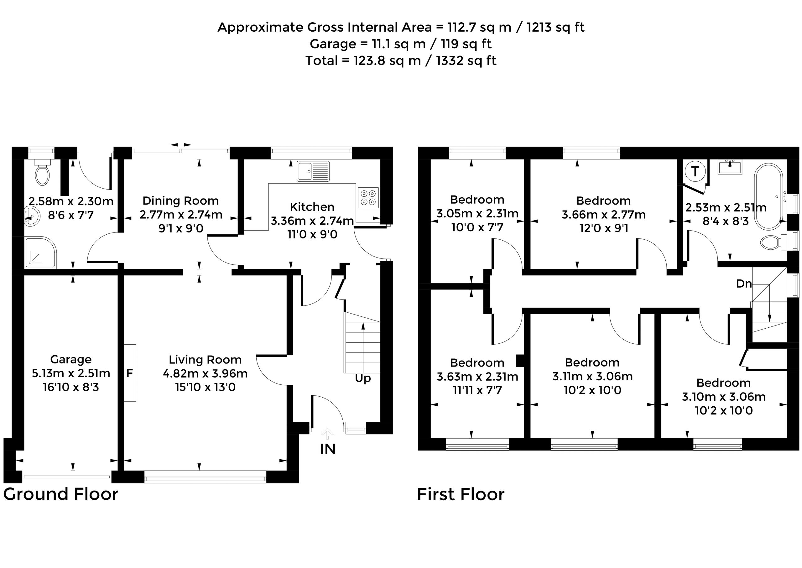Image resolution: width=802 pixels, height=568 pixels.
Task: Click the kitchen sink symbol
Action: pos(313,171)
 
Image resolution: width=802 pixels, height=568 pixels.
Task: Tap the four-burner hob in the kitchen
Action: pos(368,198)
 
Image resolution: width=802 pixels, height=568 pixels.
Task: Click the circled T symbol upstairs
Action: pos(695,172)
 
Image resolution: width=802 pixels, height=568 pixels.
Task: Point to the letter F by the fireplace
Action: pos(129,373)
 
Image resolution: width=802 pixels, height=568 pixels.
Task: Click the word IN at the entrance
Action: pos(327,449)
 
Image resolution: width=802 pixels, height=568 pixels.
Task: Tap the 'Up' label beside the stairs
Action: pos(363,379)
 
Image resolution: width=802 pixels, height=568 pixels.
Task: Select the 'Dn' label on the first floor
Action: pos(744,284)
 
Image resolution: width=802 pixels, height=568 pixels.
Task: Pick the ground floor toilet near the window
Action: pos(42,172)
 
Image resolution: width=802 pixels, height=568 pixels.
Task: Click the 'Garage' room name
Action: pos(71,360)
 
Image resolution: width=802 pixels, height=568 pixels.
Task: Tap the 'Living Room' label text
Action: pos(205,360)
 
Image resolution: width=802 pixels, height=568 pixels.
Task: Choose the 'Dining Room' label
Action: pos(181,201)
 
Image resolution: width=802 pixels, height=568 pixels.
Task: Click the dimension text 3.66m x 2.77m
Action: pos(604,214)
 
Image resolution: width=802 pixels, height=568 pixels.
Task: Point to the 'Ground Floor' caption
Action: pos(61,494)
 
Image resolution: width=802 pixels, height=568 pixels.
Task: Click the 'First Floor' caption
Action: pos(461,495)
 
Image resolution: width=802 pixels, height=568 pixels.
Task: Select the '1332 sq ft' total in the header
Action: pos(466,60)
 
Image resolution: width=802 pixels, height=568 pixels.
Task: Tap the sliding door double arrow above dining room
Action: pos(181,145)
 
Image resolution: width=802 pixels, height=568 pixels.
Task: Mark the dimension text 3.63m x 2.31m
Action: pos(477,377)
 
